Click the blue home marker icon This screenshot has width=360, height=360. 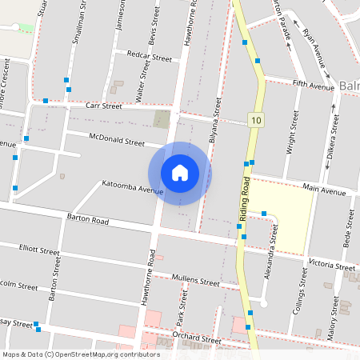pyautogui.click(x=180, y=173)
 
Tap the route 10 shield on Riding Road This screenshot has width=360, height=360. pyautogui.click(x=255, y=120)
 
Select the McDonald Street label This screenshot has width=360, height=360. pyautogui.click(x=117, y=140)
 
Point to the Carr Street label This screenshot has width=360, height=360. pyautogui.click(x=104, y=106)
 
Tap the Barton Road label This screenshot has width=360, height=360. pyautogui.click(x=88, y=218)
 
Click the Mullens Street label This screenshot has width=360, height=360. pyautogui.click(x=195, y=281)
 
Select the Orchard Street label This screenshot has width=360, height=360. pyautogui.click(x=196, y=338)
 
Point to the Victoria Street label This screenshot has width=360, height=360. pyautogui.click(x=330, y=266)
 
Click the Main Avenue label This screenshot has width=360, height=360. pyautogui.click(x=323, y=191)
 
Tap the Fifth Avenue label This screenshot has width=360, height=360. pyautogui.click(x=312, y=84)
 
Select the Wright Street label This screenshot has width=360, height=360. pyautogui.click(x=290, y=137)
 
